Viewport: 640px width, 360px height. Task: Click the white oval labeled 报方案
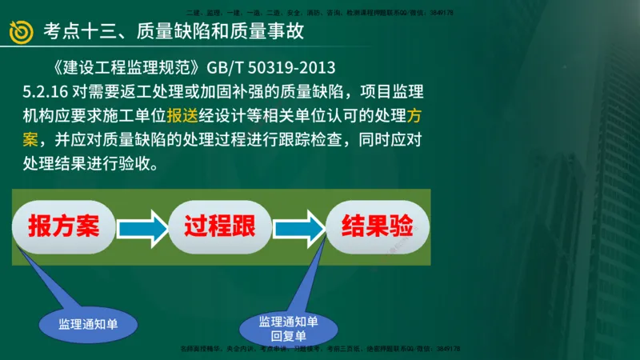[64, 227]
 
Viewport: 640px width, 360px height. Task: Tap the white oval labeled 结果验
[377, 226]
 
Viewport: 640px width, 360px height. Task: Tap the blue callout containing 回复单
[289, 329]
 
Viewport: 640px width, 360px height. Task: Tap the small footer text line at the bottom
[319, 349]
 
